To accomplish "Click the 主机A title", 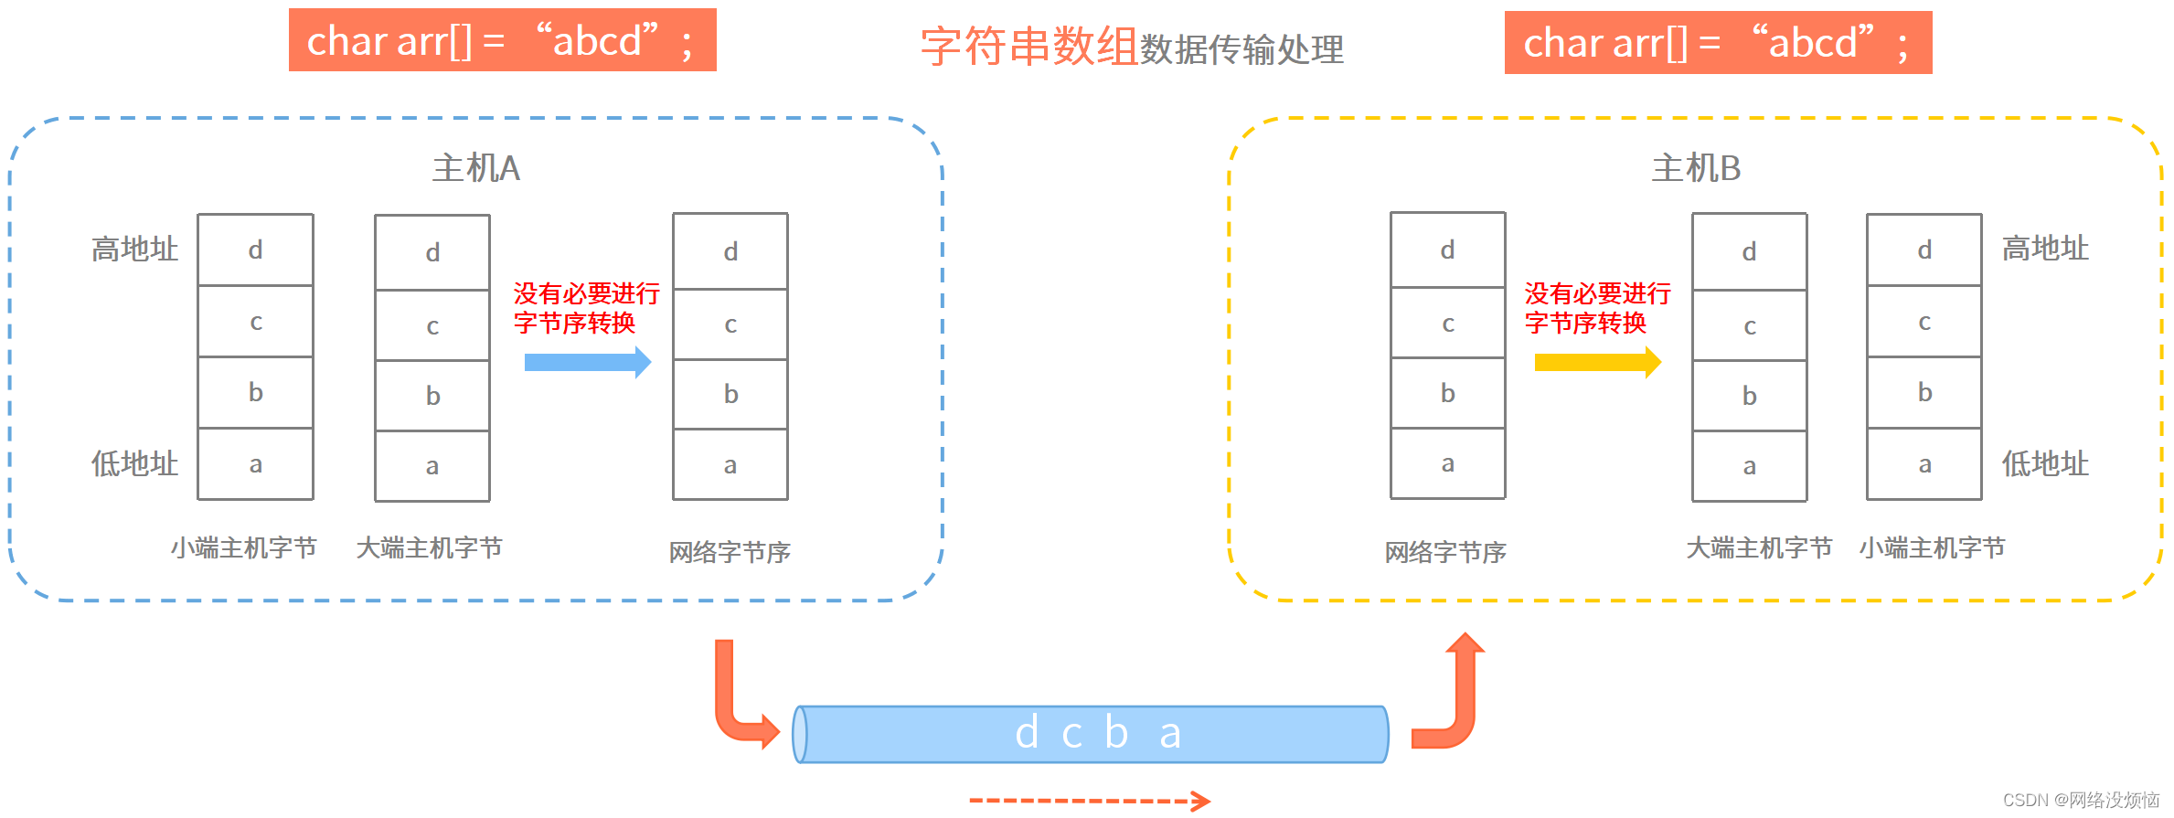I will pyautogui.click(x=476, y=168).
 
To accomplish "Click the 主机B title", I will pyautogui.click(x=1696, y=168).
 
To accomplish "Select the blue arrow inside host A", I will pyautogui.click(x=587, y=362).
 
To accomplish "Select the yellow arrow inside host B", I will pyautogui.click(x=1597, y=362).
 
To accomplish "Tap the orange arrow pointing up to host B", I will pyautogui.click(x=1455, y=695).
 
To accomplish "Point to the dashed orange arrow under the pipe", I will pyautogui.click(x=1089, y=801).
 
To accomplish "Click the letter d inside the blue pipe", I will pyautogui.click(x=1027, y=733).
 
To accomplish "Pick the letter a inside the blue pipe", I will pyautogui.click(x=1170, y=733).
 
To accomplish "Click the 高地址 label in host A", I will pyautogui.click(x=134, y=249).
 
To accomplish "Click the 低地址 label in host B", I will pyautogui.click(x=2045, y=463).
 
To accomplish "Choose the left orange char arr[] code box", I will pyautogui.click(x=502, y=40).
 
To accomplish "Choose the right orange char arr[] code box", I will pyautogui.click(x=1718, y=42).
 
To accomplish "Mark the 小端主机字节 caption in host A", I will pyautogui.click(x=243, y=547).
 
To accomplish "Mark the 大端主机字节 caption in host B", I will pyautogui.click(x=1759, y=547).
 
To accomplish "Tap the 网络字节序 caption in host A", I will pyautogui.click(x=730, y=552).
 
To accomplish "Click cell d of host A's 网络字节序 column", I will pyautogui.click(x=730, y=251).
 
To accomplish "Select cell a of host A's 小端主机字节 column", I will pyautogui.click(x=256, y=464).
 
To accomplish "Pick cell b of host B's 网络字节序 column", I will pyautogui.click(x=1448, y=393).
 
